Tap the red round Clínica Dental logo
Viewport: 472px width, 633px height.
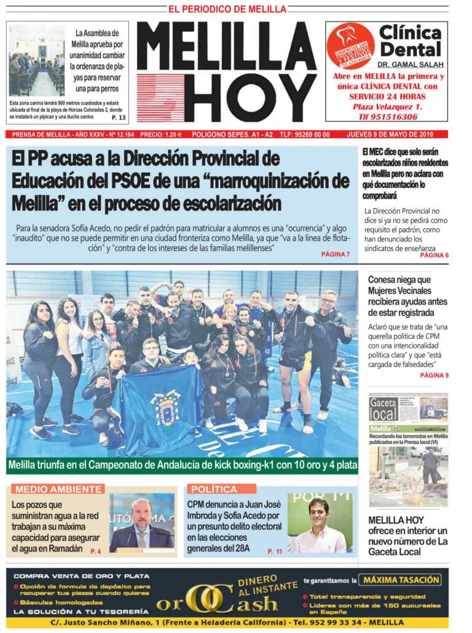pos(350,45)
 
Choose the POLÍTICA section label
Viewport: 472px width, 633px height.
pos(214,489)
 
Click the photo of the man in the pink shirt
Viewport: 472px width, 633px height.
pos(318,522)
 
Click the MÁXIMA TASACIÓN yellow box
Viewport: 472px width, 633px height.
pos(401,580)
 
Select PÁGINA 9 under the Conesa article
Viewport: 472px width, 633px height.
pos(434,375)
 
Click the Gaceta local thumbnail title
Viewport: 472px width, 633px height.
pos(383,409)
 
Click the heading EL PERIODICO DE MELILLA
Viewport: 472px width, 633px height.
pos(227,9)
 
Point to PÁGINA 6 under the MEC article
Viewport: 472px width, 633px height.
pos(434,255)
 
